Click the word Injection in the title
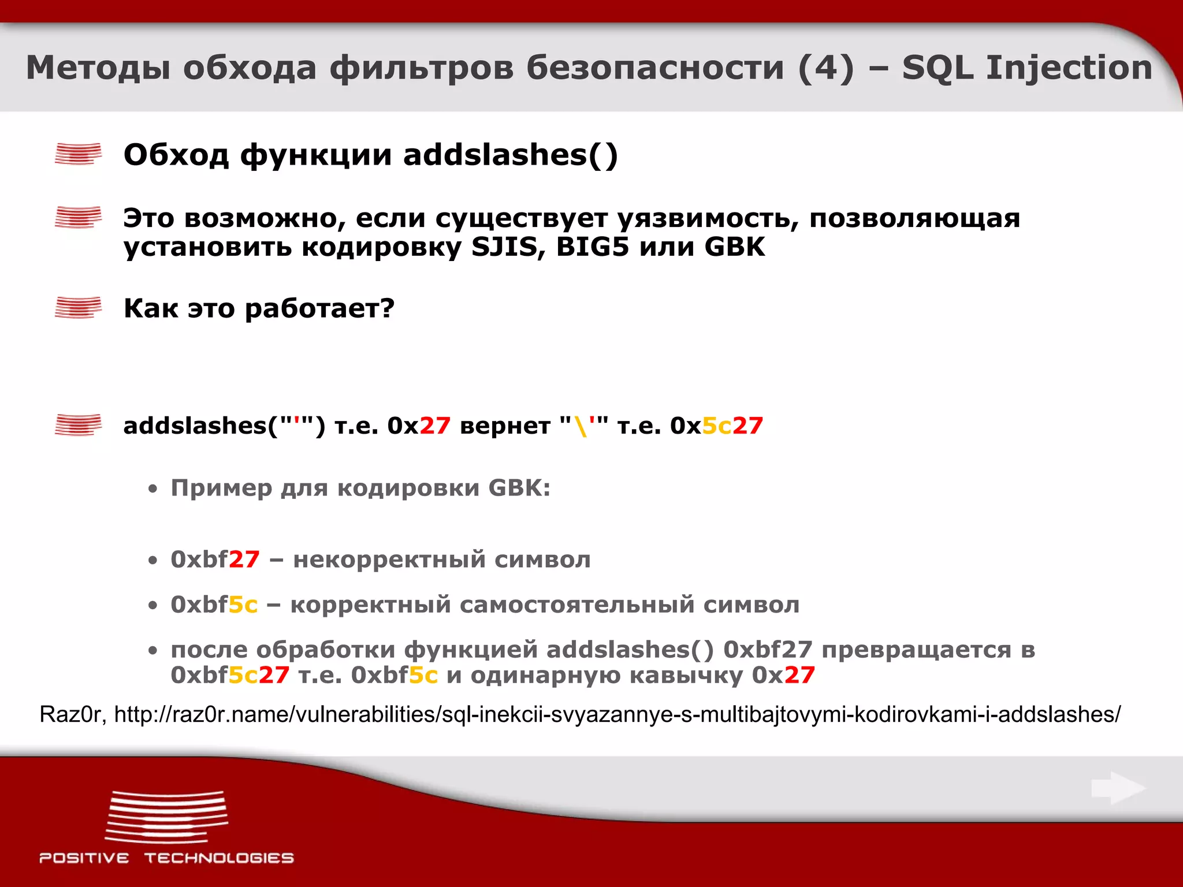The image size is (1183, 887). click(1069, 68)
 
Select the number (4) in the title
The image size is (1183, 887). click(825, 68)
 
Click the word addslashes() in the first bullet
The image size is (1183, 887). click(511, 155)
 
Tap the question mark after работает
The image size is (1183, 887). click(388, 308)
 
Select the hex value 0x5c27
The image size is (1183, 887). click(716, 426)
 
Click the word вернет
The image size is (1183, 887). click(505, 426)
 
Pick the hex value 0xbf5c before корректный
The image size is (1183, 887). click(214, 605)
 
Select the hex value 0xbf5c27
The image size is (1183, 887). click(230, 674)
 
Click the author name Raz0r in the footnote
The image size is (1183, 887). click(70, 714)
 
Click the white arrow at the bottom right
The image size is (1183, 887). click(1118, 788)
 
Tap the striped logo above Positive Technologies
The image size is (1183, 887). click(166, 817)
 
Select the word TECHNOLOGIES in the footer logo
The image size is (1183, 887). click(219, 858)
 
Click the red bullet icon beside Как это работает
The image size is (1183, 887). click(78, 307)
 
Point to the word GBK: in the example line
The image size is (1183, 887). click(519, 488)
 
